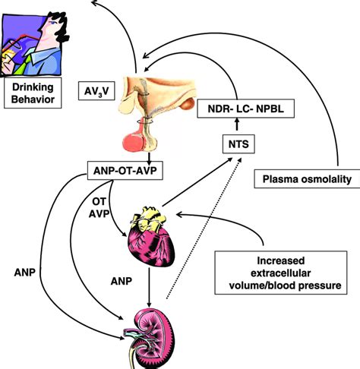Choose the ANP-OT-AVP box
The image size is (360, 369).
pos(133,170)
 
